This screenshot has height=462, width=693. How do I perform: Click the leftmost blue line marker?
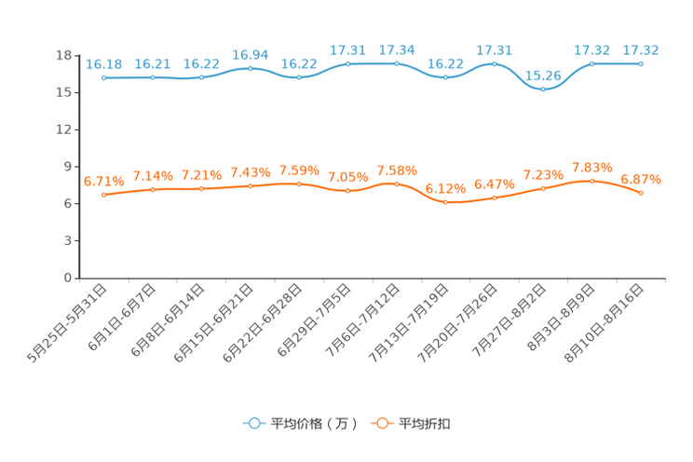pos(103,78)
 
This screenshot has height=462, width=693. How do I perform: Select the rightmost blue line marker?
pos(641,63)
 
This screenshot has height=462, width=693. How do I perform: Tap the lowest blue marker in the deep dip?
pos(543,89)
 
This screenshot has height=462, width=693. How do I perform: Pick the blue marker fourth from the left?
pos(250,68)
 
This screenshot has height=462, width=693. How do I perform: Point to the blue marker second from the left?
pos(153,77)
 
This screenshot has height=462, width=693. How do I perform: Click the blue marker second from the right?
pos(592,63)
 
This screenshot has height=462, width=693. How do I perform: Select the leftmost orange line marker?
pos(103,195)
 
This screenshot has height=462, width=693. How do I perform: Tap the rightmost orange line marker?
pos(641,193)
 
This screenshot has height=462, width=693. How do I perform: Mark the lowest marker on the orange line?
pos(445,202)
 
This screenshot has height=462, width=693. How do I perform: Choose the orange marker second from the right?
pos(592,180)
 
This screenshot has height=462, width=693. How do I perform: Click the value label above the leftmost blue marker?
pos(103,63)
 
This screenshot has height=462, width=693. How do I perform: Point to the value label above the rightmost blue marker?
pos(641,49)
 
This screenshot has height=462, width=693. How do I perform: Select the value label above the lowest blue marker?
pos(543,74)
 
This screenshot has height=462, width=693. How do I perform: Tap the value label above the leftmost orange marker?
pos(103,181)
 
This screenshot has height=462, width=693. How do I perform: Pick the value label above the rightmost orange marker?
pos(641,178)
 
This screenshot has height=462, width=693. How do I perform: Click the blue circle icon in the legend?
pos(254,424)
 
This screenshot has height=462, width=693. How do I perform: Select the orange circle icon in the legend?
pos(382,424)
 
